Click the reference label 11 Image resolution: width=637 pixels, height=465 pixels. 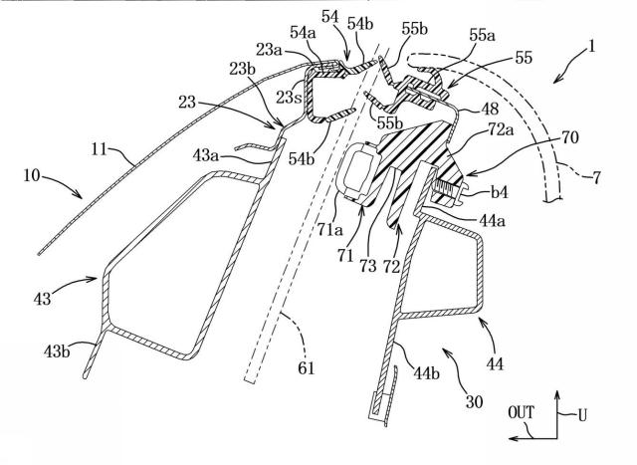pyautogui.click(x=101, y=150)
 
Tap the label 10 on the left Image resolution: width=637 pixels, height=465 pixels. pyautogui.click(x=32, y=176)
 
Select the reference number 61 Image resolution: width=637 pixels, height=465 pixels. pyautogui.click(x=306, y=367)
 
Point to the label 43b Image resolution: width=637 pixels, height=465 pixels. pyautogui.click(x=57, y=350)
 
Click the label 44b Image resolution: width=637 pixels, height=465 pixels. pyautogui.click(x=426, y=372)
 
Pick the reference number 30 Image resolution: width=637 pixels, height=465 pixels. pyautogui.click(x=474, y=402)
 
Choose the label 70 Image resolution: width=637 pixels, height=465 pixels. pyautogui.click(x=569, y=137)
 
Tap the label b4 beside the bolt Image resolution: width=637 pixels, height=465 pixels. pyautogui.click(x=500, y=192)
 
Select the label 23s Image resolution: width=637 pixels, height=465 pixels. pyautogui.click(x=289, y=97)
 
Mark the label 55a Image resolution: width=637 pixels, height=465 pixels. pyautogui.click(x=482, y=36)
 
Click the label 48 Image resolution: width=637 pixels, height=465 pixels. pyautogui.click(x=490, y=109)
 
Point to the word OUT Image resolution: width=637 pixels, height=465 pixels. pyautogui.click(x=522, y=412)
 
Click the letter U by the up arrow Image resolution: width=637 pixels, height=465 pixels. pyautogui.click(x=582, y=416)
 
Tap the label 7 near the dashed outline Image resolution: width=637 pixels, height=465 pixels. pyautogui.click(x=596, y=178)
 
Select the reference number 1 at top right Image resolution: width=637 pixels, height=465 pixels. pyautogui.click(x=591, y=47)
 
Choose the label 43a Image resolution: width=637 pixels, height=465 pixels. pyautogui.click(x=206, y=155)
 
